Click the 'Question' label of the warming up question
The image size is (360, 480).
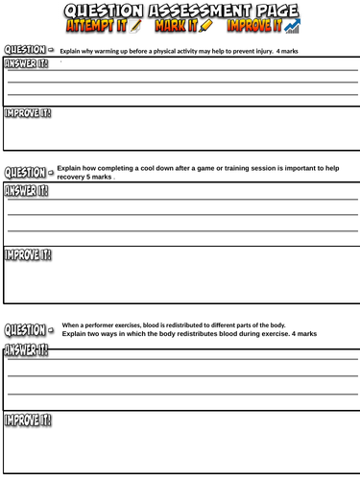tap(25, 49)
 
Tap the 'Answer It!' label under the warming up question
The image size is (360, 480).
tap(28, 64)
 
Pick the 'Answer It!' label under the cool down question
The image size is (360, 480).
tap(28, 191)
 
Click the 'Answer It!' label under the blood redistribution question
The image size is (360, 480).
tap(28, 348)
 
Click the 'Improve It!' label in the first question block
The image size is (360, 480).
tap(28, 113)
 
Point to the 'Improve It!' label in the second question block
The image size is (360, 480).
tap(28, 254)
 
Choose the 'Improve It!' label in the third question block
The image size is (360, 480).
tap(28, 420)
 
